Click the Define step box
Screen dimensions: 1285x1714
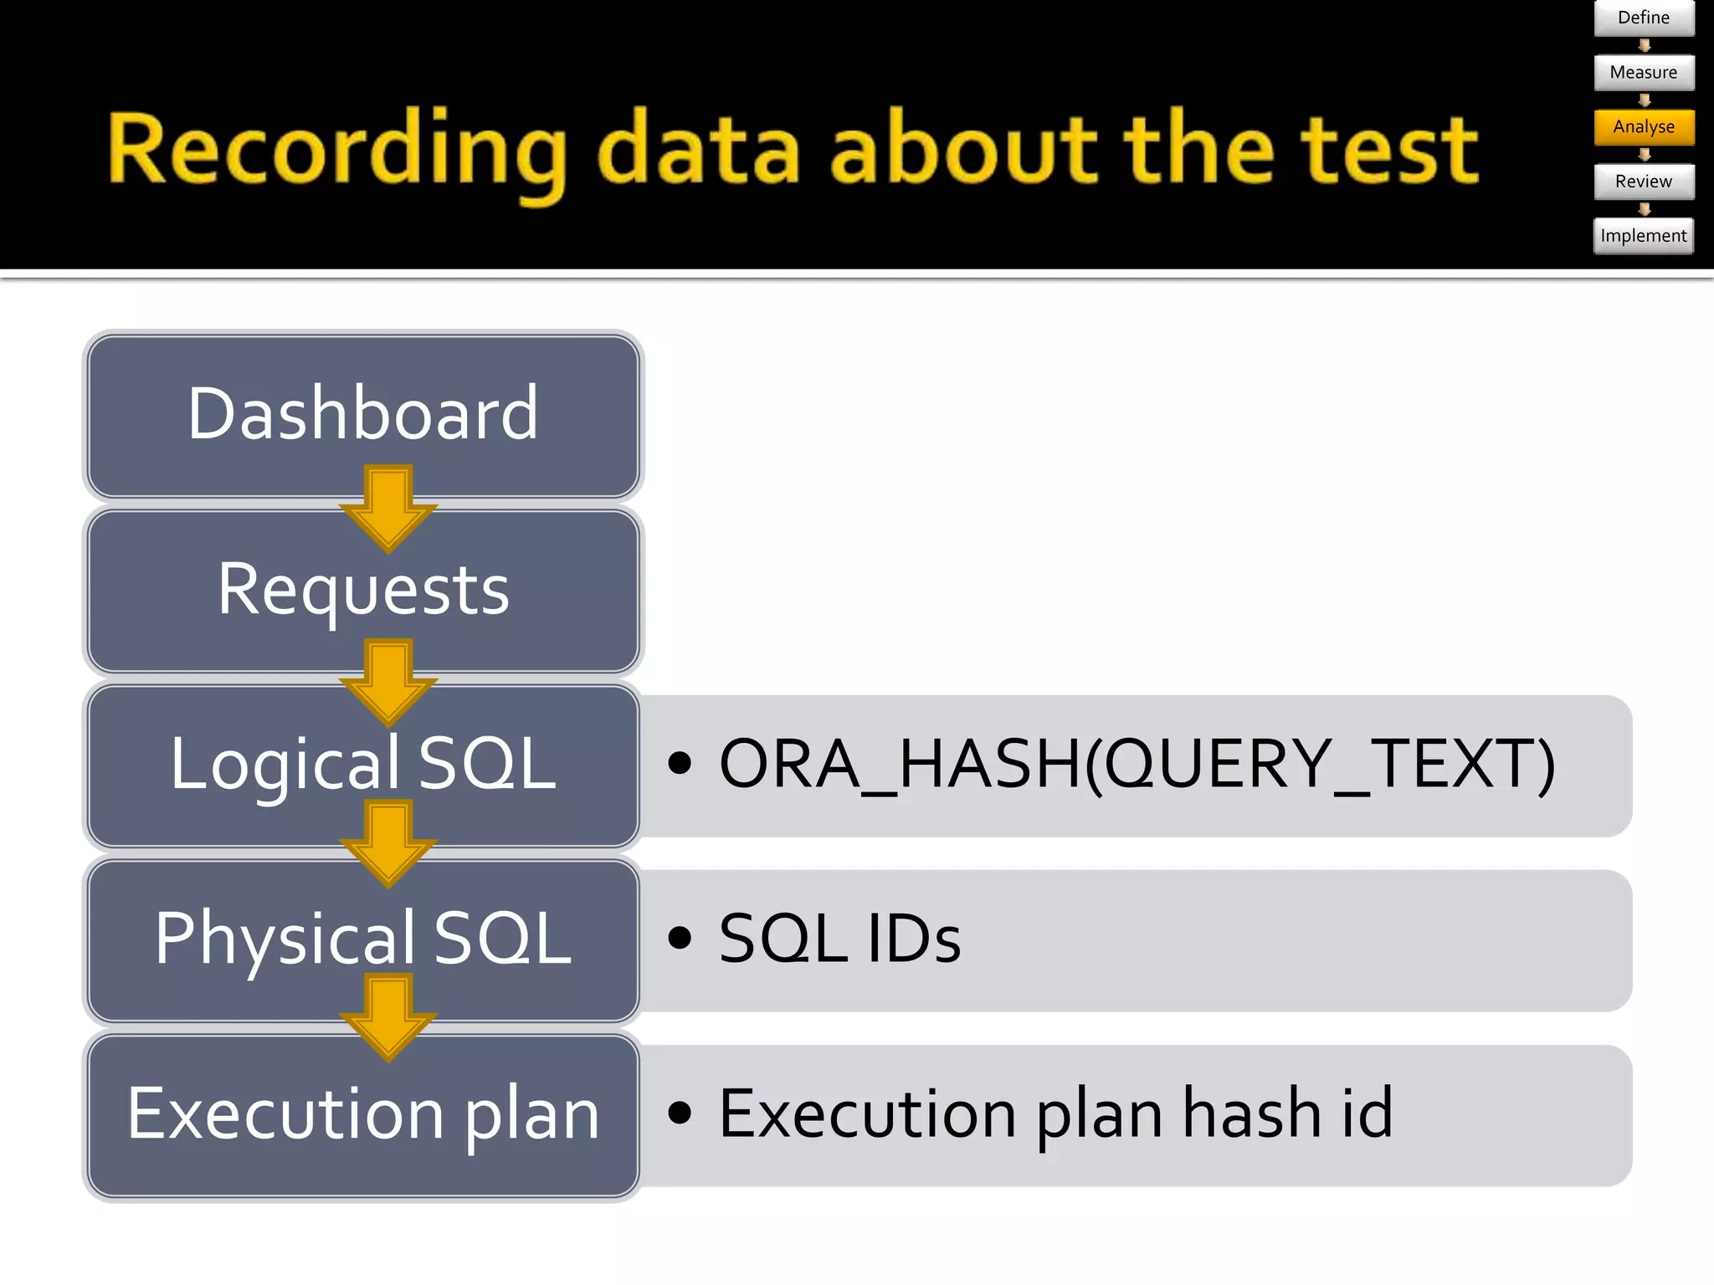point(1643,18)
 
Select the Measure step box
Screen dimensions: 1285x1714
point(1643,73)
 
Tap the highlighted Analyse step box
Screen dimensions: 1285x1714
point(1643,127)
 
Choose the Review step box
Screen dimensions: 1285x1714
point(1643,182)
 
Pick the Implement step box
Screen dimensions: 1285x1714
point(1643,236)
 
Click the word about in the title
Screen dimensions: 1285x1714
point(962,151)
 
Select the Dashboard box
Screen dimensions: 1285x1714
point(362,414)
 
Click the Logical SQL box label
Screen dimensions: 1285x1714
point(362,764)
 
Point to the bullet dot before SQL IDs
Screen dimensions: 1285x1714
point(680,938)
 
